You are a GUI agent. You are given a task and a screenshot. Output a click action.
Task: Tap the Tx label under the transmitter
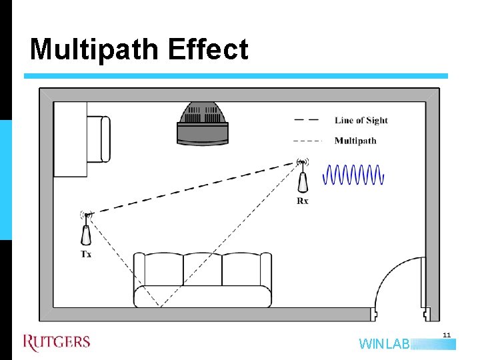87,254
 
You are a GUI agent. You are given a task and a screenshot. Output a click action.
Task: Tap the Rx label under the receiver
303,201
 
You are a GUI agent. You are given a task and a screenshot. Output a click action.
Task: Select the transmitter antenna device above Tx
87,230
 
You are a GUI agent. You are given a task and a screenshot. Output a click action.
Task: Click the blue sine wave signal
353,175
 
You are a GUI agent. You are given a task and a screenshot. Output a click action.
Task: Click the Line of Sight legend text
361,121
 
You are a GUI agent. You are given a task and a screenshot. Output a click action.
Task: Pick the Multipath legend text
355,141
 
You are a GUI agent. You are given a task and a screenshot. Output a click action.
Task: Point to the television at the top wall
202,124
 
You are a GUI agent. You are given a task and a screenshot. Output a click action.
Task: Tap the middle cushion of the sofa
202,269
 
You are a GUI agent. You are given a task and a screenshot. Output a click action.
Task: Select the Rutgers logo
57,343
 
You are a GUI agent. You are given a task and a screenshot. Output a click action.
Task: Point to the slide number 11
447,335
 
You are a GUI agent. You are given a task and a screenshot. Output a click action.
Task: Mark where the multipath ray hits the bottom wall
159,307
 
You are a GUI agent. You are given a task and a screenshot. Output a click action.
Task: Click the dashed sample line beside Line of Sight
306,121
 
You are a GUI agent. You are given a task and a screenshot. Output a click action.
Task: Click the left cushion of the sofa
159,269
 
